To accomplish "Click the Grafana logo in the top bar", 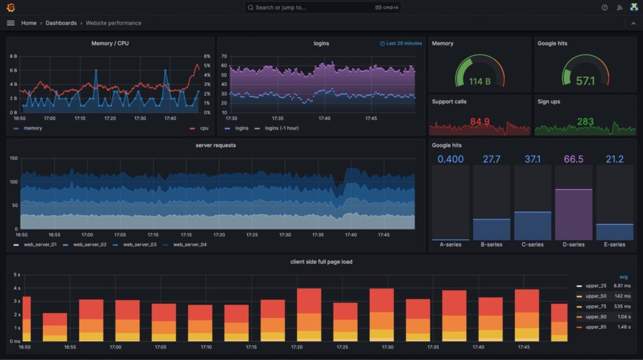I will [x=11, y=8].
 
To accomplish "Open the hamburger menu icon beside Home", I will [x=11, y=23].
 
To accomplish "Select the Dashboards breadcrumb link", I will [x=61, y=23].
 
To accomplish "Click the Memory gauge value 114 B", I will [x=480, y=81].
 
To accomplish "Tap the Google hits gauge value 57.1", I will [x=585, y=81].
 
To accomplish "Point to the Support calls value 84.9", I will [x=480, y=121].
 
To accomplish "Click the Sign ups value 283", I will [x=585, y=121].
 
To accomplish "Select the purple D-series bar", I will [x=573, y=214].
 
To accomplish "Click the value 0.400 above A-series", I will [x=450, y=159].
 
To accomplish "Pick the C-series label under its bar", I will [x=532, y=244].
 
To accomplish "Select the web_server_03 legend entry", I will [x=139, y=244].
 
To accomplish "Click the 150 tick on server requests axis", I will [x=13, y=158].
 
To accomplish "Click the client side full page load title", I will [x=321, y=261].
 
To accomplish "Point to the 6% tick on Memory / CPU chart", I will [x=207, y=56].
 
